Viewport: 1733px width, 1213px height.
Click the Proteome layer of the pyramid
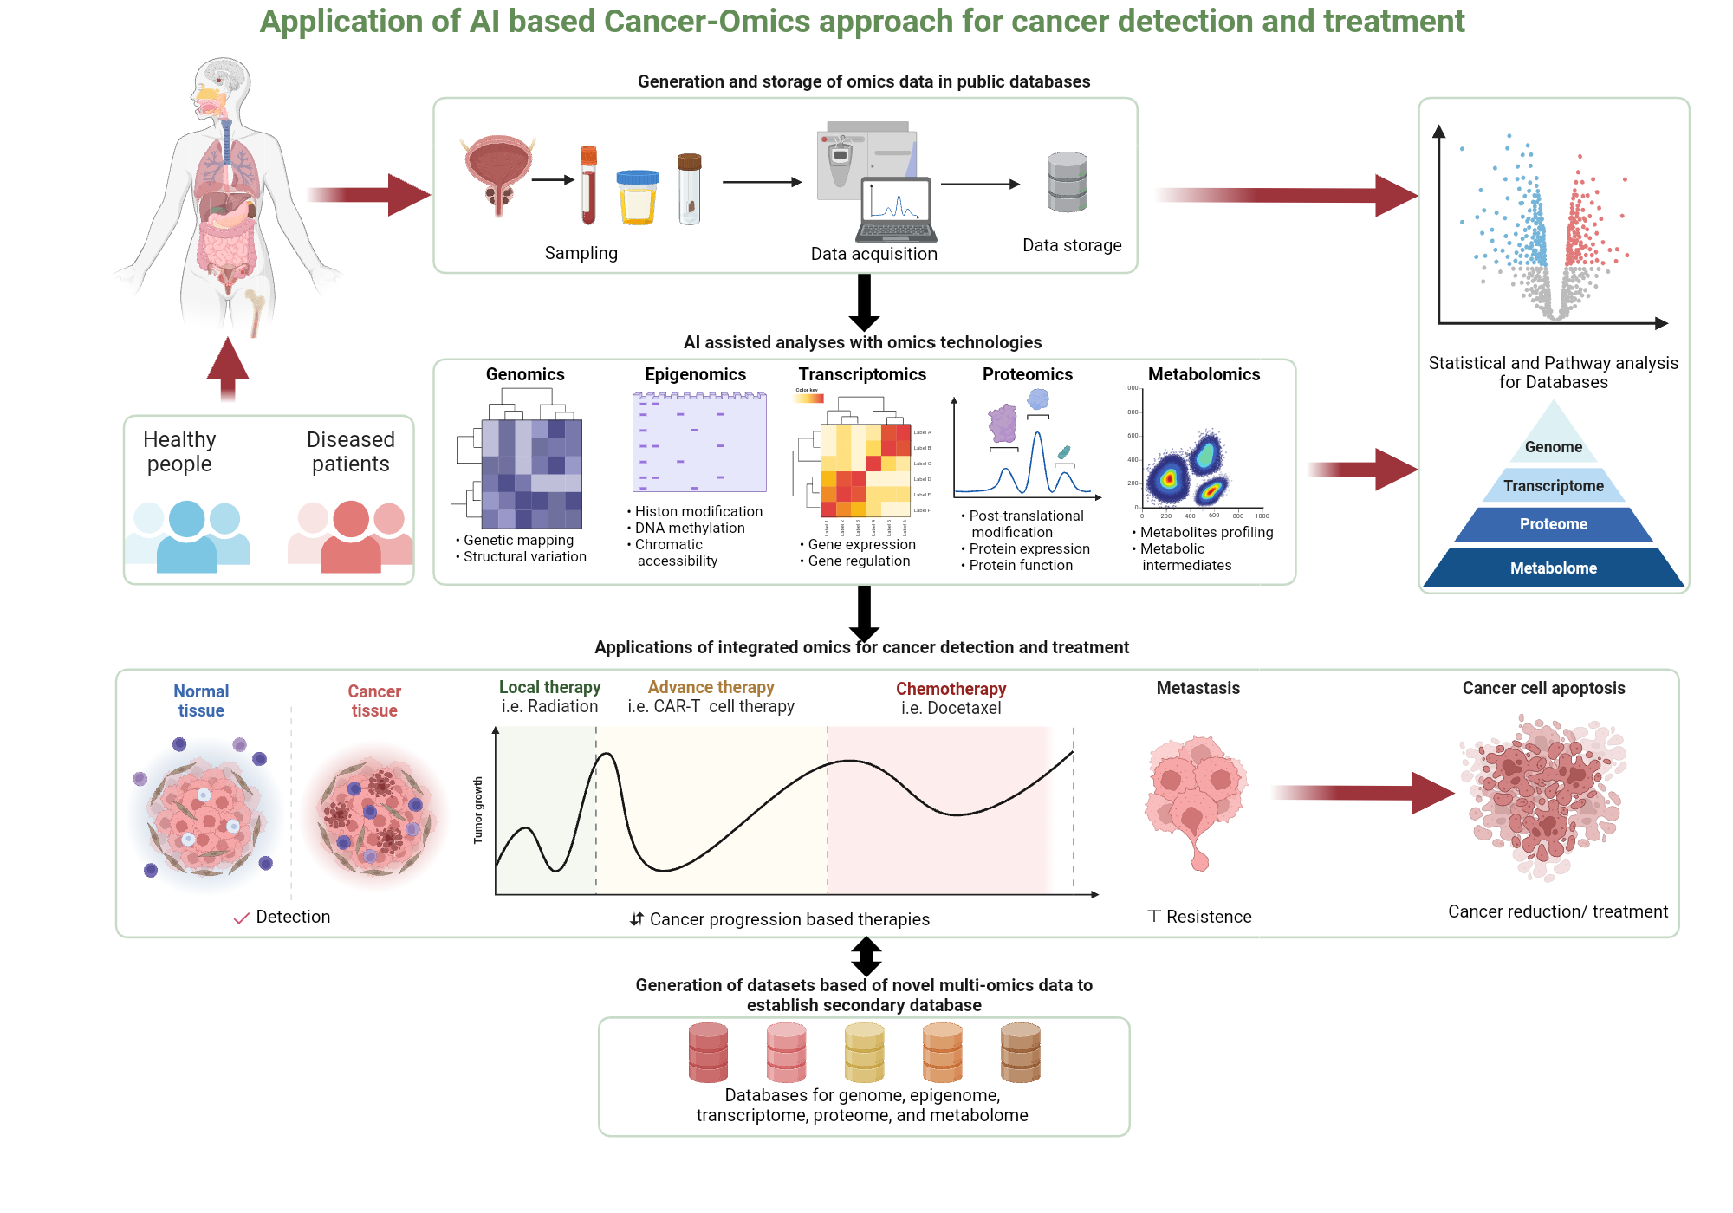[1553, 524]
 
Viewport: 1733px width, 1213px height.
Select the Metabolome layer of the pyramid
[1553, 568]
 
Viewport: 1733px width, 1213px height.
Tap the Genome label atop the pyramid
[1553, 447]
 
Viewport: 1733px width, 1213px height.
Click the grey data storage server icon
[1067, 183]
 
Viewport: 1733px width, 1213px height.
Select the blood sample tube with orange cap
[588, 185]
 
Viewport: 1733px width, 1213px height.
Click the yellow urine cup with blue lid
[637, 198]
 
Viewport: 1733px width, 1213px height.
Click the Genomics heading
[525, 374]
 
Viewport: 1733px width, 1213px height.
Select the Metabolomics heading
[1204, 374]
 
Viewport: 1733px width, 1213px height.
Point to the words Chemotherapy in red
[951, 689]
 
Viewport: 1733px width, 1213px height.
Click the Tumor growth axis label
[477, 810]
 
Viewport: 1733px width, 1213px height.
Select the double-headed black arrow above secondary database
[866, 957]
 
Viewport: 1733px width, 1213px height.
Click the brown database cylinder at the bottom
[1020, 1053]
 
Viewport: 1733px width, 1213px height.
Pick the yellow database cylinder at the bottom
[864, 1053]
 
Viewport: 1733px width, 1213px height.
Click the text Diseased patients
[350, 451]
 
